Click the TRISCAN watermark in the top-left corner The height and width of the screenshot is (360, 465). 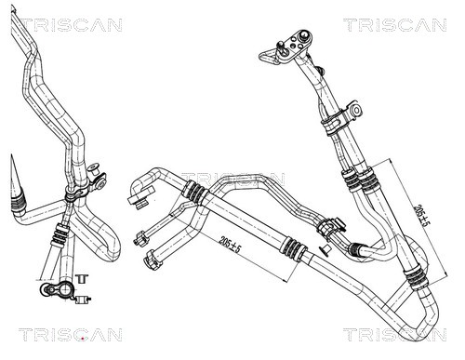tap(64, 24)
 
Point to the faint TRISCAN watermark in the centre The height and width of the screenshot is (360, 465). tap(232, 177)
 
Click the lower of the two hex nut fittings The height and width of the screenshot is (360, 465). tap(149, 260)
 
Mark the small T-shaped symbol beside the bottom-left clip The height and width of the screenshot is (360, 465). tap(82, 278)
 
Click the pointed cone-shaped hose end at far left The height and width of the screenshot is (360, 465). tap(14, 181)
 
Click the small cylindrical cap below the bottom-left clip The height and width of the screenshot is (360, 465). tap(83, 299)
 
